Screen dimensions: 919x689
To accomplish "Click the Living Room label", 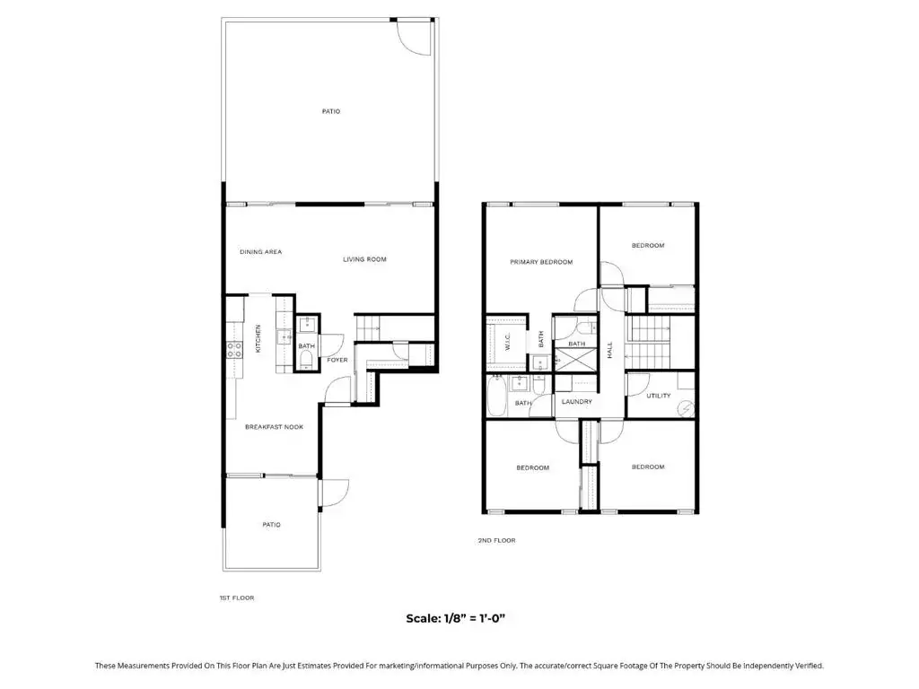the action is (364, 259).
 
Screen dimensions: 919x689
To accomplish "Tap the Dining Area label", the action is (261, 252).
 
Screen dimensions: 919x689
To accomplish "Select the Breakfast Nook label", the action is (275, 427).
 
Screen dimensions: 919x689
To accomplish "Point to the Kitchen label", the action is (258, 338).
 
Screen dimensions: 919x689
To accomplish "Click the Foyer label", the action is (337, 361).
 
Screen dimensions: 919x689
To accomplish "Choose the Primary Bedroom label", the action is (541, 262).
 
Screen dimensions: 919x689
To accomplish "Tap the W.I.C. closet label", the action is (508, 342).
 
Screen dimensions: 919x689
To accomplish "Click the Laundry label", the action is (577, 402).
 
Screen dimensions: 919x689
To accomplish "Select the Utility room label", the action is (658, 396).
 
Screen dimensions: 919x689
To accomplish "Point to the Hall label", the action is (609, 351).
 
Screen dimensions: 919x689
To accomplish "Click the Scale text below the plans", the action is (455, 618).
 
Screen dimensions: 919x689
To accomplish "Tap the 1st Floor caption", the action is (237, 598).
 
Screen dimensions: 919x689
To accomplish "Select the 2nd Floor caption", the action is (496, 541).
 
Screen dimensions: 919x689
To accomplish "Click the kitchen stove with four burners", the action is (235, 350).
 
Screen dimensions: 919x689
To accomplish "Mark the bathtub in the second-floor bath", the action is (495, 397).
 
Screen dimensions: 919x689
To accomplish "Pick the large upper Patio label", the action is (331, 111).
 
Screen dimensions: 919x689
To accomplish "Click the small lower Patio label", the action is (271, 525).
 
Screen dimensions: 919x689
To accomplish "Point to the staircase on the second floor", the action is (648, 342).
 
